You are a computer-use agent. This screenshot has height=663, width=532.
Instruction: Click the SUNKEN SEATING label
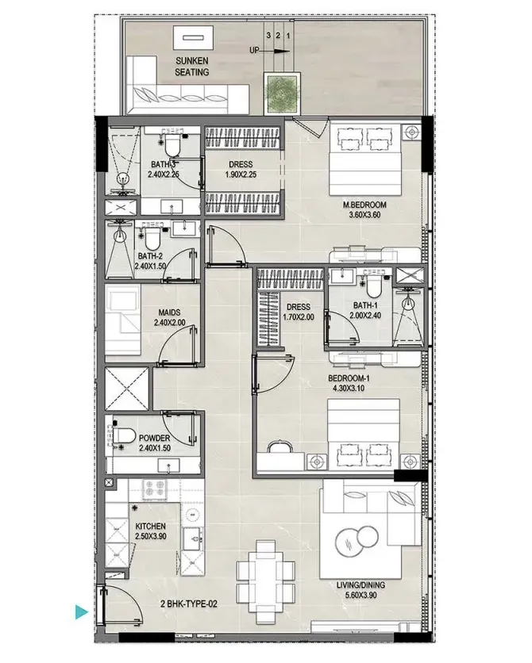(192, 67)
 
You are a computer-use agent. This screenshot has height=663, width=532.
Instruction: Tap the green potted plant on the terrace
(283, 94)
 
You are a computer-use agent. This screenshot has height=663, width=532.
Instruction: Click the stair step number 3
(268, 36)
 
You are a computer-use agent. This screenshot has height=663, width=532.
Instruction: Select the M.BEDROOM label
(364, 205)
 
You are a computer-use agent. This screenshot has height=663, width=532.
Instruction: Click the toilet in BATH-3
(172, 145)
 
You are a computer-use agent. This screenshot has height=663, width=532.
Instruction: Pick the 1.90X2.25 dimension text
(241, 174)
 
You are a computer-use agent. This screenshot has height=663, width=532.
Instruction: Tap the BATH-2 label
(150, 256)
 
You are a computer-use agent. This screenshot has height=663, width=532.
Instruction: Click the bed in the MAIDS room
(122, 320)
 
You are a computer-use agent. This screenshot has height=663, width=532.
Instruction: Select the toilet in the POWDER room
(124, 435)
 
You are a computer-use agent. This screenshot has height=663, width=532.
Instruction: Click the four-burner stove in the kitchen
(154, 489)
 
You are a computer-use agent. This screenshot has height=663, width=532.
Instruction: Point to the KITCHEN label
(150, 527)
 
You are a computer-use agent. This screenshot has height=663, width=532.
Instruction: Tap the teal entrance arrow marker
(81, 611)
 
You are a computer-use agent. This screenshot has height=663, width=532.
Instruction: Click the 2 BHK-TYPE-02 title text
(189, 604)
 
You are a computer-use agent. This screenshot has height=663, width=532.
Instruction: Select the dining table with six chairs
(265, 582)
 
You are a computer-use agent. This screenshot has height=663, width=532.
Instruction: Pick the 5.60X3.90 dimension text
(360, 596)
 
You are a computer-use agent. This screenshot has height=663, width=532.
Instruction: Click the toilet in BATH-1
(374, 285)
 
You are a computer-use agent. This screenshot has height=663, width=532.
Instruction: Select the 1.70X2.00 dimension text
(299, 317)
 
